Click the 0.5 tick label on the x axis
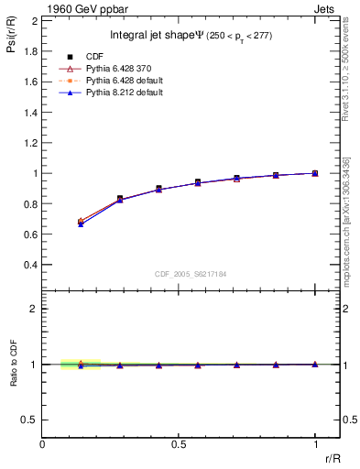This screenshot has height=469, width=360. click(179, 443)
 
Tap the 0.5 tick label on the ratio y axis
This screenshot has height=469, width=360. click(28, 420)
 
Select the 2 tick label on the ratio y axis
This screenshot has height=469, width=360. click(33, 309)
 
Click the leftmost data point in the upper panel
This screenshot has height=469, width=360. click(81, 222)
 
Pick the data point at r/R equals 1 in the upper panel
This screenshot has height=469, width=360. click(315, 173)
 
